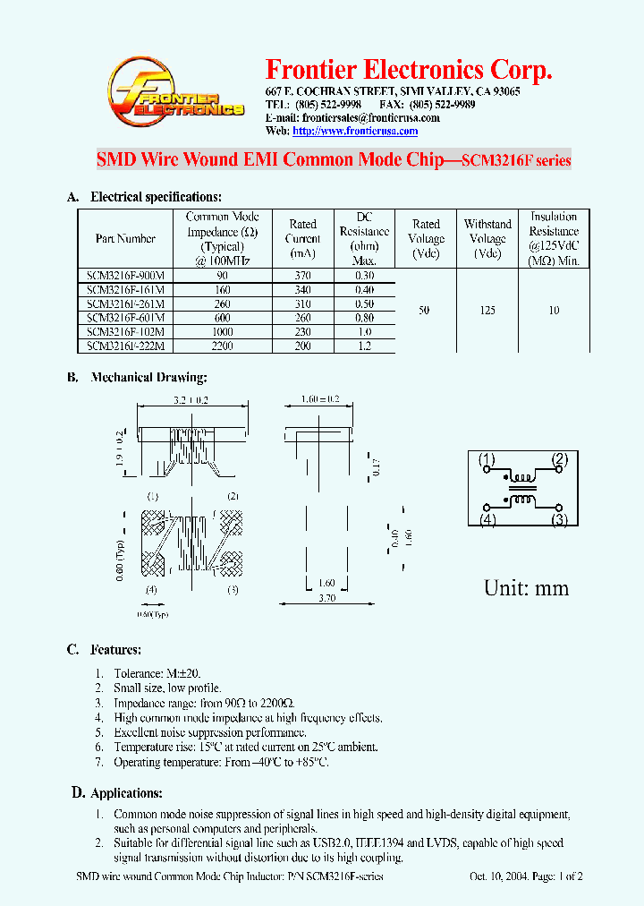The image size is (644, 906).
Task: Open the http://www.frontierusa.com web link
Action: pyautogui.click(x=355, y=131)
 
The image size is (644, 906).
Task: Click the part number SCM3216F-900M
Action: pyautogui.click(x=125, y=276)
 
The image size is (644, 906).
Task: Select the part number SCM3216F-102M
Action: pyautogui.click(x=125, y=331)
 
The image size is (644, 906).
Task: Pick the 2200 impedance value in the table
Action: pyautogui.click(x=222, y=346)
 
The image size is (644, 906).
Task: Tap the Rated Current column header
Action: pyautogui.click(x=303, y=238)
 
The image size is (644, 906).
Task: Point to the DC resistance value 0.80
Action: pyautogui.click(x=363, y=318)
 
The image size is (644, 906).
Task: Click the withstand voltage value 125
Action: pyautogui.click(x=487, y=311)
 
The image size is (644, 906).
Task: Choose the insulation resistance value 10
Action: pyautogui.click(x=554, y=311)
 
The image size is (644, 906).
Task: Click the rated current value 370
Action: pyautogui.click(x=303, y=276)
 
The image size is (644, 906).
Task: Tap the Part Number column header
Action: pyautogui.click(x=125, y=239)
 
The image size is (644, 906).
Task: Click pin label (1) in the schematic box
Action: pyautogui.click(x=487, y=460)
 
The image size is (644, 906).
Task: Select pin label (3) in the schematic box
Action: pyautogui.click(x=560, y=518)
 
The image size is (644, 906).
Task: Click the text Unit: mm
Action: pyautogui.click(x=526, y=588)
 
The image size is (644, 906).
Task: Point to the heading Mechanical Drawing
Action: pyautogui.click(x=148, y=378)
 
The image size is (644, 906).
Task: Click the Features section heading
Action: pyautogui.click(x=115, y=650)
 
